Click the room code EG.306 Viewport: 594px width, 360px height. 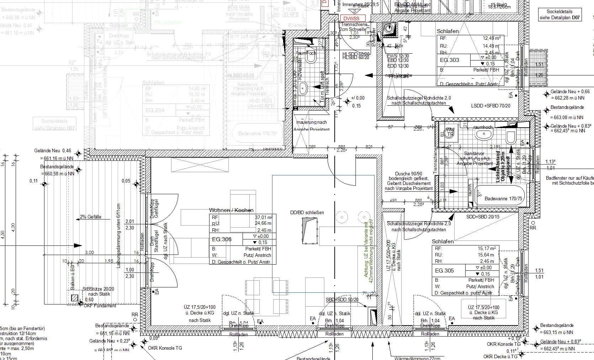[222, 239]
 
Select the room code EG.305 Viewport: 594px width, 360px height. [444, 271]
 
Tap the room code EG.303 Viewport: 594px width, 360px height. [450, 60]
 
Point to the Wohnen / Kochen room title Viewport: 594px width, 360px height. [231, 210]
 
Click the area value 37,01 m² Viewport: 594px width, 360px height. [264, 217]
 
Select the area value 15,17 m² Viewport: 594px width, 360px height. [489, 249]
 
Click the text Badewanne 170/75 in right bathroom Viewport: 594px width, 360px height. [503, 198]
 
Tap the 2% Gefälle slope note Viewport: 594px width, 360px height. [90, 217]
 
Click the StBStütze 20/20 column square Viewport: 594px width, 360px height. [74, 298]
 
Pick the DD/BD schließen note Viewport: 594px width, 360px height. [307, 213]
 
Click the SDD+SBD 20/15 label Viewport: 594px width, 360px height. [483, 217]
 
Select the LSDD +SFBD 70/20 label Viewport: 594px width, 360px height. [490, 106]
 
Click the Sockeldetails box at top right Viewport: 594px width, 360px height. [559, 15]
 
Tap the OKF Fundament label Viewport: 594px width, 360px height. [100, 306]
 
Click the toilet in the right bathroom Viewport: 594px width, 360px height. [511, 136]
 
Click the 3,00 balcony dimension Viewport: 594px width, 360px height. [90, 252]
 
